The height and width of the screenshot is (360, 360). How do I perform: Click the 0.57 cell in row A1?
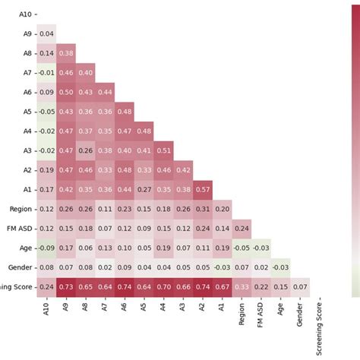203,189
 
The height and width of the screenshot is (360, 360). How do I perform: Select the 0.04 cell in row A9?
46,33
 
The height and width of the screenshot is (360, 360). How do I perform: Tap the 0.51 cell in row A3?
163,150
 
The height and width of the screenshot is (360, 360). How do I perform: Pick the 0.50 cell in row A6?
65,92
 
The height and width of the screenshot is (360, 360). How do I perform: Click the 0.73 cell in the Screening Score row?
65,286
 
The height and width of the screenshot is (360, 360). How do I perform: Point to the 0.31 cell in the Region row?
203,209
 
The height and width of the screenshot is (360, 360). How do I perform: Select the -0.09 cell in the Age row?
46,248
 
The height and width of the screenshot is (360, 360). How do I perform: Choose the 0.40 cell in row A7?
85,73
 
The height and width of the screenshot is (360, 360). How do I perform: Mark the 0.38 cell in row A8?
65,53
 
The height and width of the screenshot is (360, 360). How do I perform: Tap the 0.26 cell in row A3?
85,150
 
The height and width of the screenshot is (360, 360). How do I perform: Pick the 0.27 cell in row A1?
144,189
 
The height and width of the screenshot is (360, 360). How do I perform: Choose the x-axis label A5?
144,307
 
